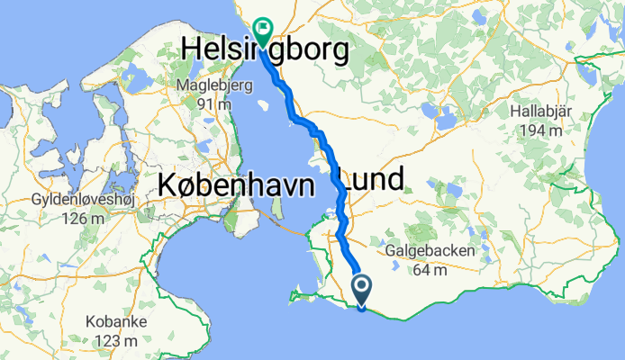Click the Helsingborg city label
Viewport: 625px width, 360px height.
coord(265,51)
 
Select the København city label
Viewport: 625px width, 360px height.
coord(235,186)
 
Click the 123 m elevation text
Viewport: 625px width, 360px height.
coord(113,341)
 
